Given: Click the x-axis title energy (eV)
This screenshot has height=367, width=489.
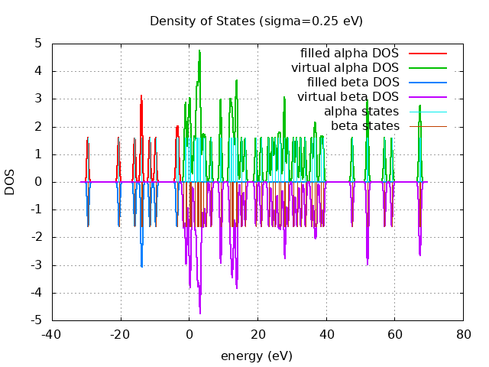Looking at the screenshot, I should [x=256, y=356].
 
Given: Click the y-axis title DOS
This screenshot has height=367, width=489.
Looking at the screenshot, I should [x=10, y=182].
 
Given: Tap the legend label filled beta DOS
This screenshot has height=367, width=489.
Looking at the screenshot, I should [x=353, y=82].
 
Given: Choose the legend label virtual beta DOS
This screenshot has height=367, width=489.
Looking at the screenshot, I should [x=348, y=96].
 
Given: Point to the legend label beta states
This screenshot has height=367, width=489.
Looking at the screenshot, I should [x=364, y=125].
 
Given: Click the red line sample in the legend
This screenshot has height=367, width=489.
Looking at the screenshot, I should [x=427, y=53].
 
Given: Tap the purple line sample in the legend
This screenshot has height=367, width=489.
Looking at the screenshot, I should [x=427, y=96].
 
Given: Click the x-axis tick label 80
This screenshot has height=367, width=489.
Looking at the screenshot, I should [x=463, y=334].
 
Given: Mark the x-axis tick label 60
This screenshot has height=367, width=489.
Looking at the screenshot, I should [x=394, y=334].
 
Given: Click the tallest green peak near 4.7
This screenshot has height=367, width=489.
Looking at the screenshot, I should [x=199, y=51].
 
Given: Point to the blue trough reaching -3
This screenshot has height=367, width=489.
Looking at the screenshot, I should [x=141, y=265].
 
